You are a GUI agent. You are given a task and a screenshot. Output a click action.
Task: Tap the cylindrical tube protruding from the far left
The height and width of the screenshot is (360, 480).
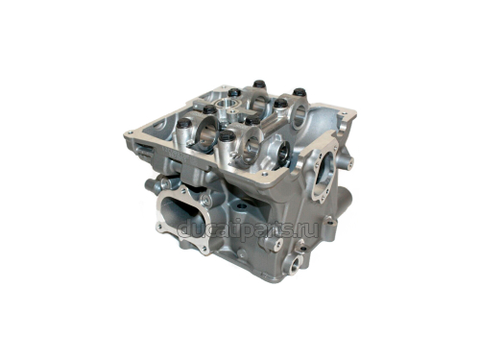(x=149, y=183)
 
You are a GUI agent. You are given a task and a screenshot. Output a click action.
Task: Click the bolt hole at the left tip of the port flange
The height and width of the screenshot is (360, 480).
(x=159, y=227)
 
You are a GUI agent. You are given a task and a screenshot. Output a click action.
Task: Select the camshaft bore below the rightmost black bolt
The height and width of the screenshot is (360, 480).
(x=298, y=114)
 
